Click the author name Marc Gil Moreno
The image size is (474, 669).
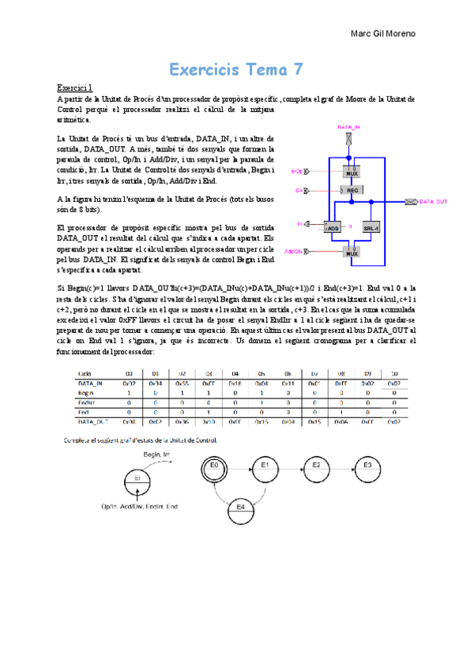click(x=382, y=34)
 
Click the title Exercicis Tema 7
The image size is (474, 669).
click(x=236, y=69)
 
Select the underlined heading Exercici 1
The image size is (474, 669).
click(x=75, y=88)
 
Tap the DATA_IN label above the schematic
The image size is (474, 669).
click(x=349, y=127)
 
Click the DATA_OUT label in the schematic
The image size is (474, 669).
click(x=432, y=202)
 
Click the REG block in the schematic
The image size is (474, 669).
click(x=352, y=190)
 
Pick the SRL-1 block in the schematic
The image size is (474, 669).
click(x=372, y=226)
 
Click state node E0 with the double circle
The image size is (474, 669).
click(x=213, y=465)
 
